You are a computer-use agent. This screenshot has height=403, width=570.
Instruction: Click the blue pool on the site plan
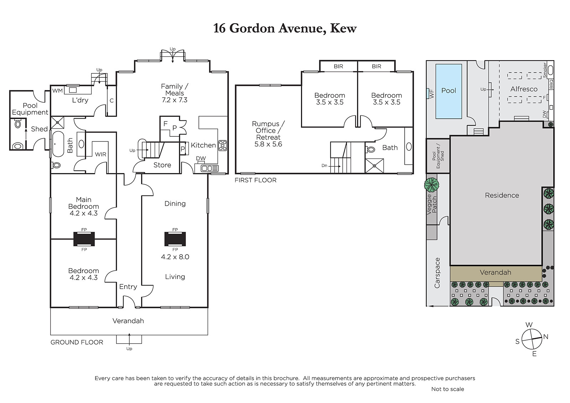click(449, 91)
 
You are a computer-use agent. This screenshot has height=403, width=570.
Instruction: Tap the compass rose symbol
click(532, 339)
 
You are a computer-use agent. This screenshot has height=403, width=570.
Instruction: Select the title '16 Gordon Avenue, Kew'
click(285, 29)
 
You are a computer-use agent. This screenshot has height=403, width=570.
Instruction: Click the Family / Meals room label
click(175, 93)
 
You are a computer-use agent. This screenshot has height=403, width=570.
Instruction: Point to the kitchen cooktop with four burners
click(223, 146)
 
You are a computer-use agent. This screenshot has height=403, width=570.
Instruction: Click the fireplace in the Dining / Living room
click(175, 239)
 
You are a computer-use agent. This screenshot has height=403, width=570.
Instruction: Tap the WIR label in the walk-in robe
click(100, 154)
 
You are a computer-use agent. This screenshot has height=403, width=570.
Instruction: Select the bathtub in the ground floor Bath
click(58, 144)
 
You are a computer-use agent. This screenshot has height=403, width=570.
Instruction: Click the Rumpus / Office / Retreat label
click(268, 134)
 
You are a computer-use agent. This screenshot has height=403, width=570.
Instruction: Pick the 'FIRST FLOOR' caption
click(255, 180)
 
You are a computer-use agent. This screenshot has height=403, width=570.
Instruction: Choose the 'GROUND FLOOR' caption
click(77, 342)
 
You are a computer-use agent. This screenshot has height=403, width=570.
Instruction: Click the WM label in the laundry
click(57, 91)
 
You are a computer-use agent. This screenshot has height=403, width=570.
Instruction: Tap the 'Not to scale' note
click(447, 389)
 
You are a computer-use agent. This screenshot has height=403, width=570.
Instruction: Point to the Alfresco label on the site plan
click(524, 89)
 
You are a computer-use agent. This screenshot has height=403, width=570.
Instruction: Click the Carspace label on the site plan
click(437, 273)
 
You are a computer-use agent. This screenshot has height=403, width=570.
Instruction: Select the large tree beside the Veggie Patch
click(431, 185)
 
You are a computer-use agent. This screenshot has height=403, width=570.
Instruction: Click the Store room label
click(162, 165)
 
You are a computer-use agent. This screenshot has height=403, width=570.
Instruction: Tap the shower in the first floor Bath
click(374, 166)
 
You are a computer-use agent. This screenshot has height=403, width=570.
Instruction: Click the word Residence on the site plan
click(502, 195)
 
